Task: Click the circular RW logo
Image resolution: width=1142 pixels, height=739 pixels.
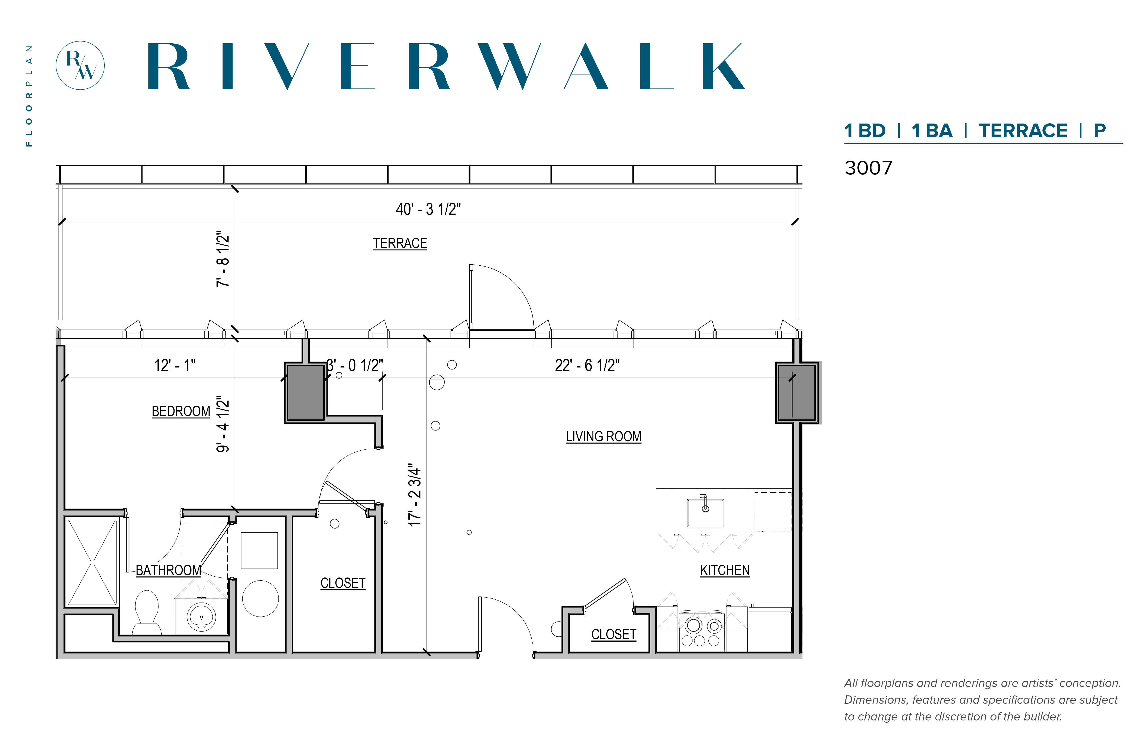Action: [80, 65]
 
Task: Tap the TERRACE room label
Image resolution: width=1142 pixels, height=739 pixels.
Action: [400, 243]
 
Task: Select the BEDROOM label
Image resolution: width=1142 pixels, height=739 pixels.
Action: [181, 411]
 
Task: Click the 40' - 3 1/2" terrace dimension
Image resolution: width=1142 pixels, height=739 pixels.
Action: [428, 209]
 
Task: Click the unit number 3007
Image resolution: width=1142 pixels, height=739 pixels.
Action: [868, 168]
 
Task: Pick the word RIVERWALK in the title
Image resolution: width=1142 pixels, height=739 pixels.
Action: [446, 66]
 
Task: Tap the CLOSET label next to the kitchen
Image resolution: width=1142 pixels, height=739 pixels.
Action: [614, 634]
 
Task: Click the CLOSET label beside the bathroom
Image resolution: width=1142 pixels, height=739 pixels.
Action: [343, 583]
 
